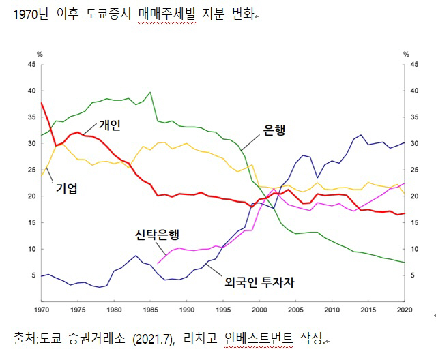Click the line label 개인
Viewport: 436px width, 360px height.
click(x=109, y=125)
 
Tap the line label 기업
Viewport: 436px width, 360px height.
click(x=67, y=189)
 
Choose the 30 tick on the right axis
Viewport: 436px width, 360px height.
click(x=413, y=144)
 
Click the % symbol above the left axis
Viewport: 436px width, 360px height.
click(x=40, y=53)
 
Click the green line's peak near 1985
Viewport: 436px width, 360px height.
click(x=150, y=92)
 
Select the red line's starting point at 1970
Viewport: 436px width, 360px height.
click(x=42, y=103)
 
